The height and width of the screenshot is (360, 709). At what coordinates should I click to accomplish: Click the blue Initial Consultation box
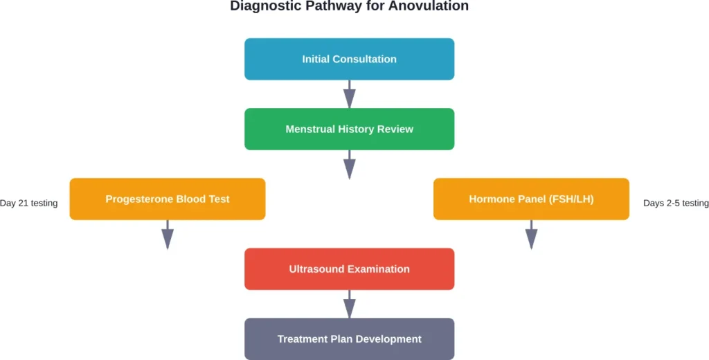tap(349, 59)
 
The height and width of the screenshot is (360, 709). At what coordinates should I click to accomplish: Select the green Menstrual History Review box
tap(349, 129)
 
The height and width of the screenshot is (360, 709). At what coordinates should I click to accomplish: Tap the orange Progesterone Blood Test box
tap(167, 199)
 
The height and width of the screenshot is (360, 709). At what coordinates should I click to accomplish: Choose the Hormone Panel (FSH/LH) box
tap(531, 199)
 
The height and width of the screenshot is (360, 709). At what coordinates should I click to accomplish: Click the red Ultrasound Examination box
tap(349, 269)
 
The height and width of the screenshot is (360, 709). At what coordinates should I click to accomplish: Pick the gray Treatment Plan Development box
tap(349, 339)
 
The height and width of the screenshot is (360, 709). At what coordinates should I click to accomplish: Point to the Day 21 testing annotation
tap(29, 203)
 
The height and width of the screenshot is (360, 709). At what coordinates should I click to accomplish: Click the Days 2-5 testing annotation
tap(676, 203)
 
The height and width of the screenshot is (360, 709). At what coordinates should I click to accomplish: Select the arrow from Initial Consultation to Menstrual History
tap(350, 94)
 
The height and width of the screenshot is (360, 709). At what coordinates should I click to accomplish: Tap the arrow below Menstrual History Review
tap(350, 164)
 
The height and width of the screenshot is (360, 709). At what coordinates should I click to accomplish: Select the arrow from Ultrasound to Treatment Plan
tap(350, 304)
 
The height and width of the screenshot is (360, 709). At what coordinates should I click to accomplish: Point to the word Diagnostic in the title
tap(262, 6)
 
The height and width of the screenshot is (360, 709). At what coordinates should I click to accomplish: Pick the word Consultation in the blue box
tap(365, 60)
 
